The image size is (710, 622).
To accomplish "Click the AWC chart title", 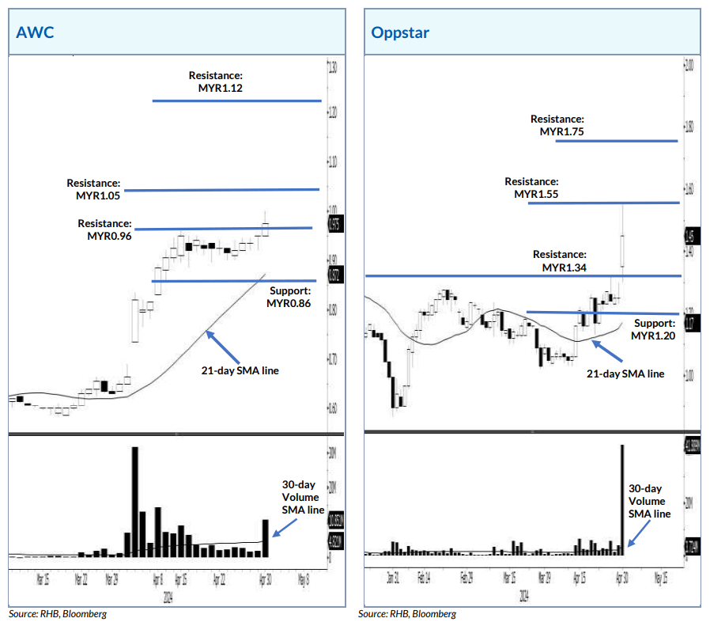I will (x=32, y=34).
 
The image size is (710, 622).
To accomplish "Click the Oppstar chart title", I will (x=401, y=34).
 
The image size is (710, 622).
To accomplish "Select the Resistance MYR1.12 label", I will (x=215, y=82).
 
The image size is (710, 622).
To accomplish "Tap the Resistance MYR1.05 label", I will (x=93, y=188).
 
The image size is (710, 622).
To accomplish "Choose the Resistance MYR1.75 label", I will (x=557, y=125).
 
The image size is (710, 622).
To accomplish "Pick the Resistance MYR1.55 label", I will (x=531, y=188).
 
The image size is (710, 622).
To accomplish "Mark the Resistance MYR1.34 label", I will (x=559, y=261).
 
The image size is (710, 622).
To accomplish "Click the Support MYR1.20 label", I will (x=653, y=329).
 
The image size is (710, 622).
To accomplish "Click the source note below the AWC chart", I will (x=57, y=613).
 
